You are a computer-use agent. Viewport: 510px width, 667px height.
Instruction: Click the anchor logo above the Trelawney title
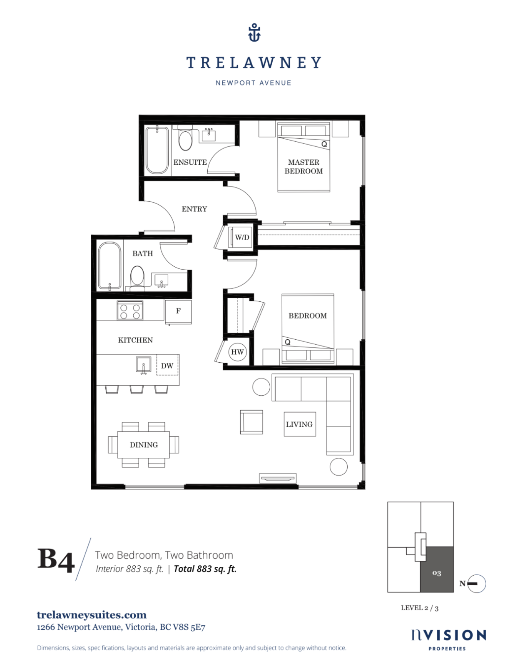(254, 33)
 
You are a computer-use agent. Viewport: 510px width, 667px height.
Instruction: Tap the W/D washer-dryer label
(242, 237)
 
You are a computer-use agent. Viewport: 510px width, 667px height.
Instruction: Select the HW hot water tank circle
(237, 352)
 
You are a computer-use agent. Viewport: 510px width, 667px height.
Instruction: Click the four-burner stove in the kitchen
(130, 310)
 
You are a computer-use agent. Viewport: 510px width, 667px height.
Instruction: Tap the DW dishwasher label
(167, 366)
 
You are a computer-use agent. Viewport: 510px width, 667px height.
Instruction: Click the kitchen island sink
(144, 365)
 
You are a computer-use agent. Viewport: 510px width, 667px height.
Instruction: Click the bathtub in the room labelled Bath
(109, 266)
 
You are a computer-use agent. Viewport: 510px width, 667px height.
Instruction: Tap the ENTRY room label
(194, 209)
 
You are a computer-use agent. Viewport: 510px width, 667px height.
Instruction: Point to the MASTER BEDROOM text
(304, 167)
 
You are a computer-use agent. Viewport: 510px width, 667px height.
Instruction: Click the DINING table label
(144, 445)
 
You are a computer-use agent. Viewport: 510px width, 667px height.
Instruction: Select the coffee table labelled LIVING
(299, 424)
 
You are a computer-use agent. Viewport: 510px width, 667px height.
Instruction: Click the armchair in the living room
(251, 422)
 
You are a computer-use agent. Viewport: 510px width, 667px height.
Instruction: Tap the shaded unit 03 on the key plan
(436, 570)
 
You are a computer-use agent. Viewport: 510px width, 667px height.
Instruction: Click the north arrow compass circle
(477, 584)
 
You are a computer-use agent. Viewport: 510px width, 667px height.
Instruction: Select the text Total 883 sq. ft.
(205, 569)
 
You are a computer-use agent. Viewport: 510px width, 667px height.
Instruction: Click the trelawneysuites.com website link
(92, 615)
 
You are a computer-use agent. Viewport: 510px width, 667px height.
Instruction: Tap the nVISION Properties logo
(448, 639)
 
